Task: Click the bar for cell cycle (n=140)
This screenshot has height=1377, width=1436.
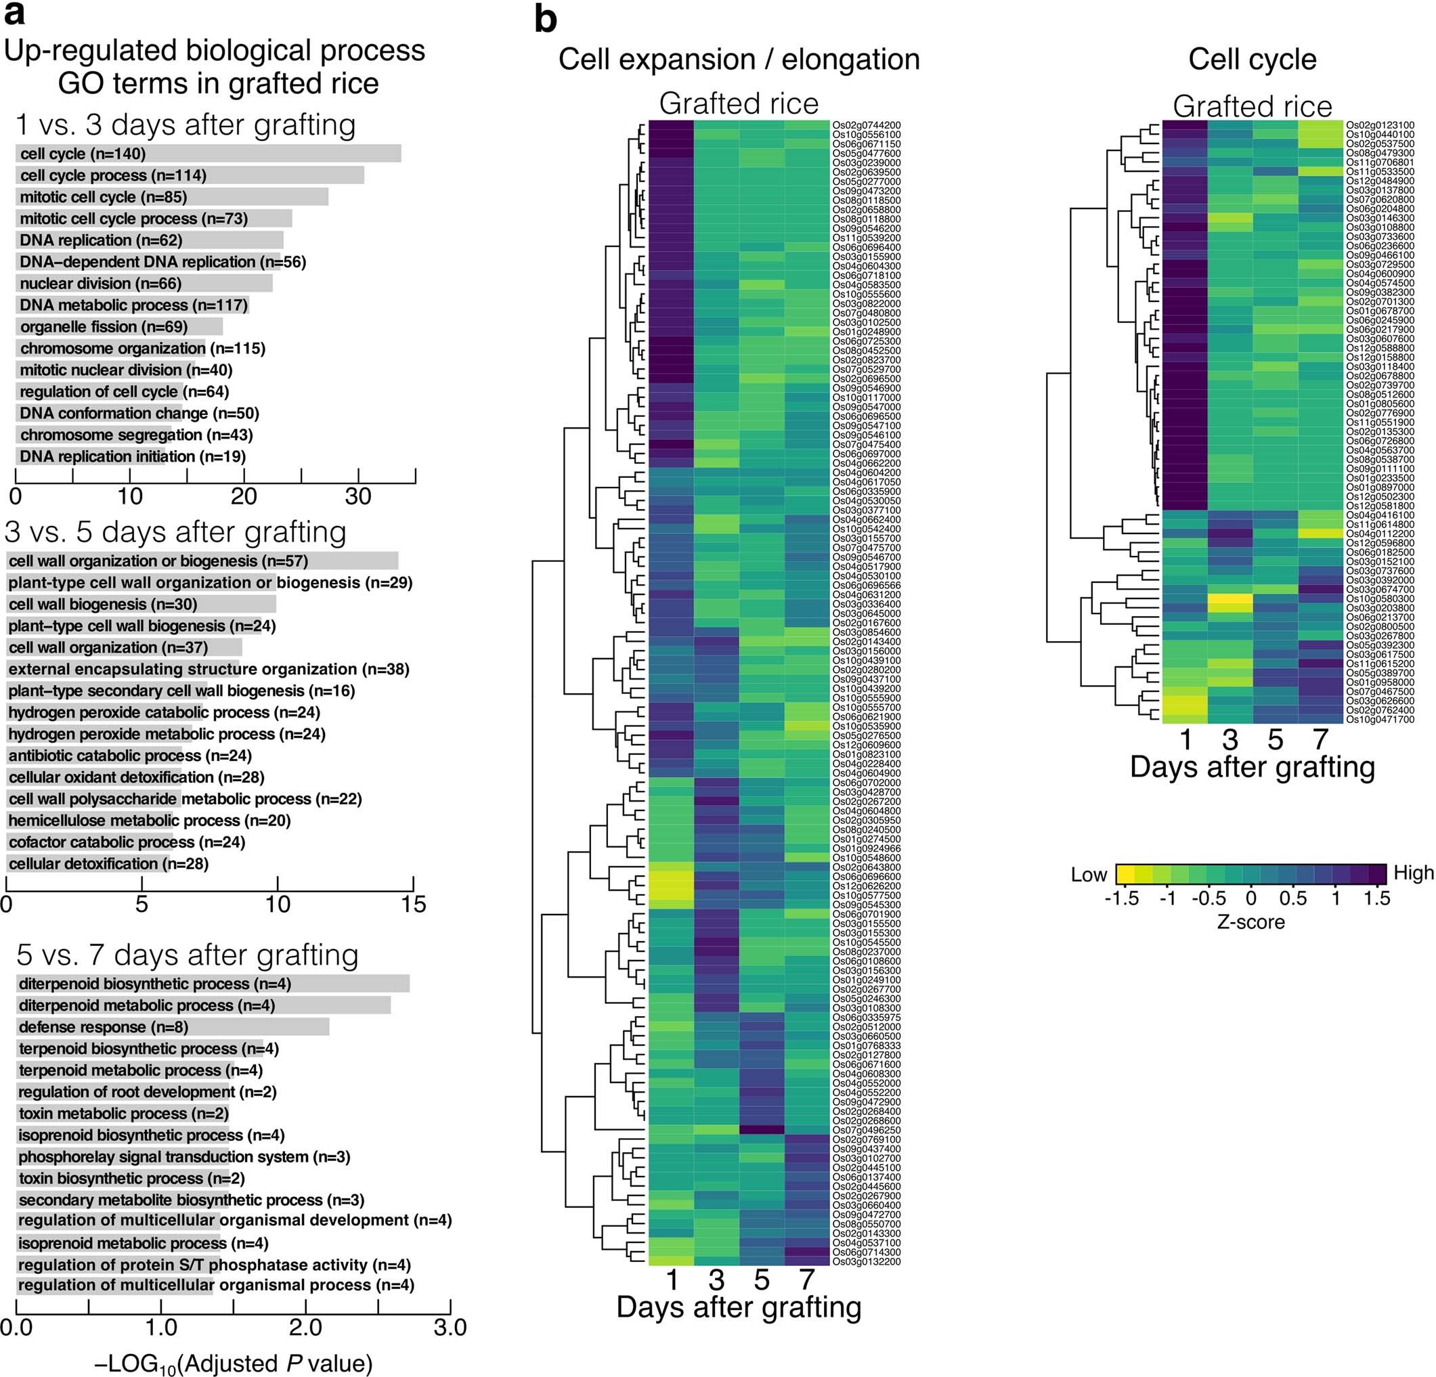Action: (208, 154)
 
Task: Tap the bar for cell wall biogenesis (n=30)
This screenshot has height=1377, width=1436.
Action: (142, 605)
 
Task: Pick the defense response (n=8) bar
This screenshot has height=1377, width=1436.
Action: (173, 1027)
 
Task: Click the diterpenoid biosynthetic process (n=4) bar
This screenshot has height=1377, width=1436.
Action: (213, 984)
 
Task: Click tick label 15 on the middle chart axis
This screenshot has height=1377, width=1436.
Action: (413, 904)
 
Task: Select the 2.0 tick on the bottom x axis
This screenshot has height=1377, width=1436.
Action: (305, 1326)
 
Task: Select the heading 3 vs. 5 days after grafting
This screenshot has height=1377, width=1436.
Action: (175, 531)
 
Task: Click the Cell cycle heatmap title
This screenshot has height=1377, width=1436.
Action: (1251, 59)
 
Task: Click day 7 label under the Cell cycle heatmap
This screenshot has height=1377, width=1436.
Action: (1320, 739)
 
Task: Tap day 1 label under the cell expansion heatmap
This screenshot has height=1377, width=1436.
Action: (671, 1280)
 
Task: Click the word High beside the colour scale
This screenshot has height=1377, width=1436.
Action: (1413, 873)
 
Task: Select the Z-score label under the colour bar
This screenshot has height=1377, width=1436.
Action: (1250, 921)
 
